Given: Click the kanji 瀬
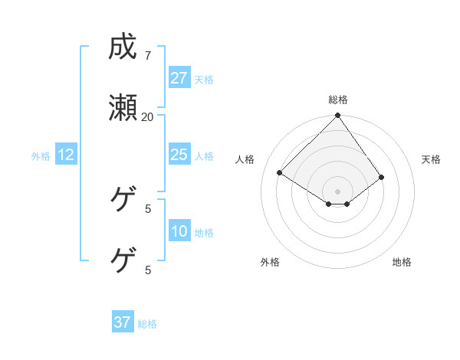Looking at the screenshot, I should (x=123, y=109).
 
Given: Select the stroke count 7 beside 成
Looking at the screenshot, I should (x=148, y=55).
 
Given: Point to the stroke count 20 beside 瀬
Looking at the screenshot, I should (x=148, y=116).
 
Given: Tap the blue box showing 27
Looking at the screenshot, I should (x=179, y=78).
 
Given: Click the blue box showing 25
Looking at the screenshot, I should (x=179, y=155).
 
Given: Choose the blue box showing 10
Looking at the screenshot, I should (x=179, y=231).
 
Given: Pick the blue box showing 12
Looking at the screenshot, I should (x=66, y=155).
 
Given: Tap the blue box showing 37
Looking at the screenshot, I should (x=122, y=322).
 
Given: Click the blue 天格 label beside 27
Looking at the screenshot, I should (x=204, y=80).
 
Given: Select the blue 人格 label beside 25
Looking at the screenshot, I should (x=204, y=156).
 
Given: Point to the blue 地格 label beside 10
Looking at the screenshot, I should (x=204, y=233).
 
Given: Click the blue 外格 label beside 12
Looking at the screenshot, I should (x=41, y=156).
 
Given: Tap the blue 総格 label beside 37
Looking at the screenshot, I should (x=147, y=324).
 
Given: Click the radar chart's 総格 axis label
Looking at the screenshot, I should (x=338, y=100).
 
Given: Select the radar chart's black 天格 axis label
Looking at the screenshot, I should (x=431, y=159).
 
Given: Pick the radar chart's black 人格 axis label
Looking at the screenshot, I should (x=245, y=159).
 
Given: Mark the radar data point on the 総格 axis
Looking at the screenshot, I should (x=338, y=116).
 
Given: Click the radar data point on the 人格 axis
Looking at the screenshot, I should (x=281, y=173).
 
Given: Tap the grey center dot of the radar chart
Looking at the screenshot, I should (x=338, y=191).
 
